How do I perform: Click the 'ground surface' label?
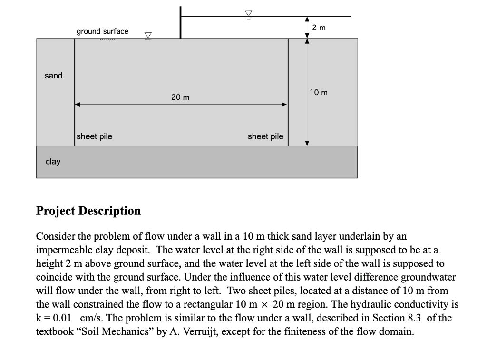coord(102,31)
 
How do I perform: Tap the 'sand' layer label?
coord(53,76)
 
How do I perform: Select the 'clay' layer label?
coord(53,162)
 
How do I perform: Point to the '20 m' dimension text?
coord(180,97)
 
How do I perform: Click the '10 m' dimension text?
coord(318,92)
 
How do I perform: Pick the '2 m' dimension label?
coord(319,28)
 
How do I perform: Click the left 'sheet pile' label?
coord(95,136)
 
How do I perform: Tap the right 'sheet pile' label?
coord(265,137)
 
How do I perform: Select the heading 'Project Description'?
coord(88,211)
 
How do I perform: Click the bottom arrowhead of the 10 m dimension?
coord(307,142)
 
